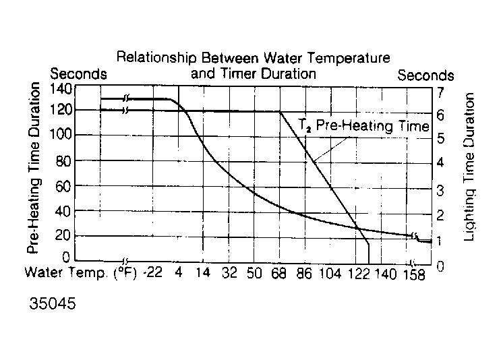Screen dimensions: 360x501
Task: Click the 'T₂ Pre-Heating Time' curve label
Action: (364, 125)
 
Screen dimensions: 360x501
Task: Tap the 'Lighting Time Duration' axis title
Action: (470, 167)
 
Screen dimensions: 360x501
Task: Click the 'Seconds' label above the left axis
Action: (78, 73)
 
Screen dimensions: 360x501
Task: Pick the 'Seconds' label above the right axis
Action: (425, 76)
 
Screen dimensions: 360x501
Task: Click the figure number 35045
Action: (53, 303)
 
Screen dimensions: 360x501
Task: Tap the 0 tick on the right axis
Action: (440, 266)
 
